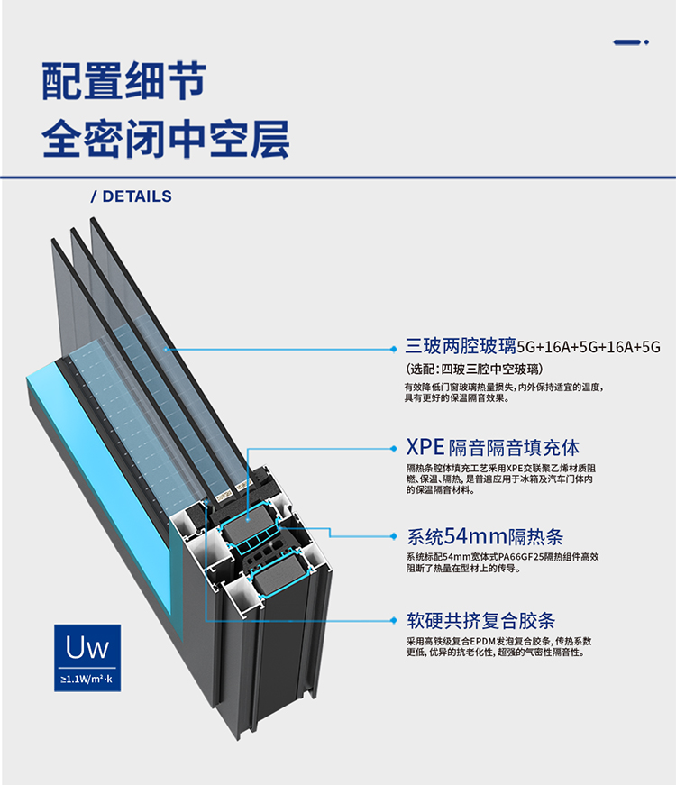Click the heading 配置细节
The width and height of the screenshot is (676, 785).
[x=124, y=81]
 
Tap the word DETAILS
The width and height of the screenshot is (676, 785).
[x=137, y=196]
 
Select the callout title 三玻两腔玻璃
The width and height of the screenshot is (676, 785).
[x=460, y=346]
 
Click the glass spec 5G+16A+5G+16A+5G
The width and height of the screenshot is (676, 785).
[x=588, y=347]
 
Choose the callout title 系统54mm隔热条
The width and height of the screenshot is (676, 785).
[x=485, y=536]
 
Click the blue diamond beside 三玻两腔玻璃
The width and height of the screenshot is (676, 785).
[x=393, y=347]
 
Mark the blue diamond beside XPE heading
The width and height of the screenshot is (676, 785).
[x=393, y=447]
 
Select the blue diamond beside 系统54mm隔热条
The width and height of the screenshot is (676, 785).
[x=393, y=536]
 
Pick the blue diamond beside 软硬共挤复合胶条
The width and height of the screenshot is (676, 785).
[x=393, y=620]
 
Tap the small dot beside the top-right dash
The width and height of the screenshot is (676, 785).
[x=646, y=41]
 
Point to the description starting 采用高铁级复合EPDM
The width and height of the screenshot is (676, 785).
[x=505, y=646]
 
